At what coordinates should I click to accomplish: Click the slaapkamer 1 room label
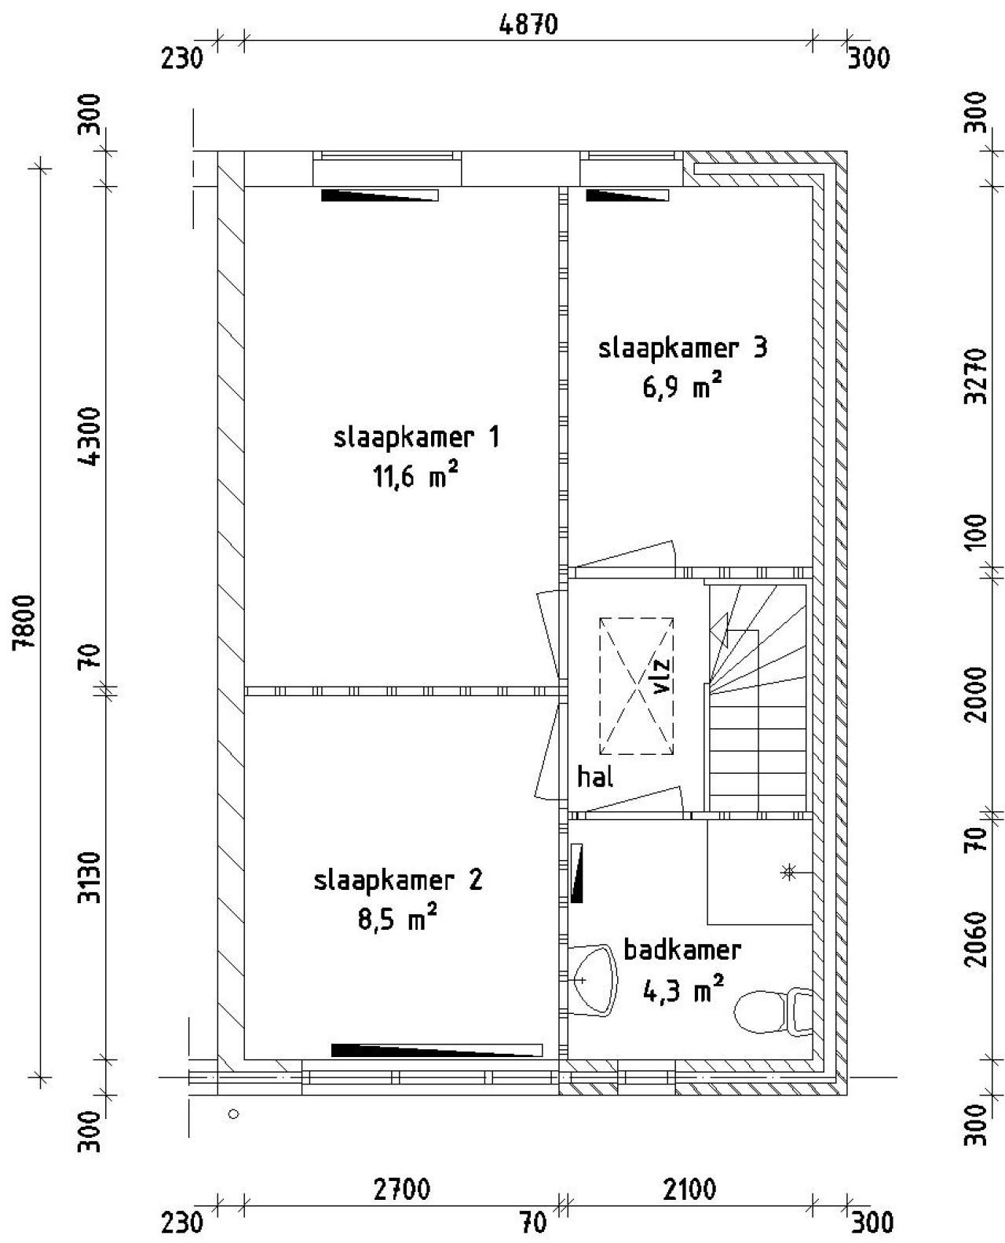pos(416,437)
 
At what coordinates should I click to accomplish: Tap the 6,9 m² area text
pos(682,388)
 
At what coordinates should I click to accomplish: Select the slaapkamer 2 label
pos(398,880)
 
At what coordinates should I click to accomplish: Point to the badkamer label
pos(682,950)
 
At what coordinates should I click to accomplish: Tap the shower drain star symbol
pos(788,871)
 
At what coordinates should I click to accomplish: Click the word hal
pos(595,778)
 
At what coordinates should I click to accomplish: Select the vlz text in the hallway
pos(661,676)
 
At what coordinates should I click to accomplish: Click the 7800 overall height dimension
pos(30,621)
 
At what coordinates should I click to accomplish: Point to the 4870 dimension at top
pos(528,25)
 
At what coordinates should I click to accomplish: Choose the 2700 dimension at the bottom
pos(401,1191)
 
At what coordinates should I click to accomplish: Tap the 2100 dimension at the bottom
pos(689,1191)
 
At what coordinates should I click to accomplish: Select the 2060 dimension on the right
pos(976,939)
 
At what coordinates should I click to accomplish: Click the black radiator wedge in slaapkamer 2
pos(437,1050)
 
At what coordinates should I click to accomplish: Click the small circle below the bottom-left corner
pos(232,1113)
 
